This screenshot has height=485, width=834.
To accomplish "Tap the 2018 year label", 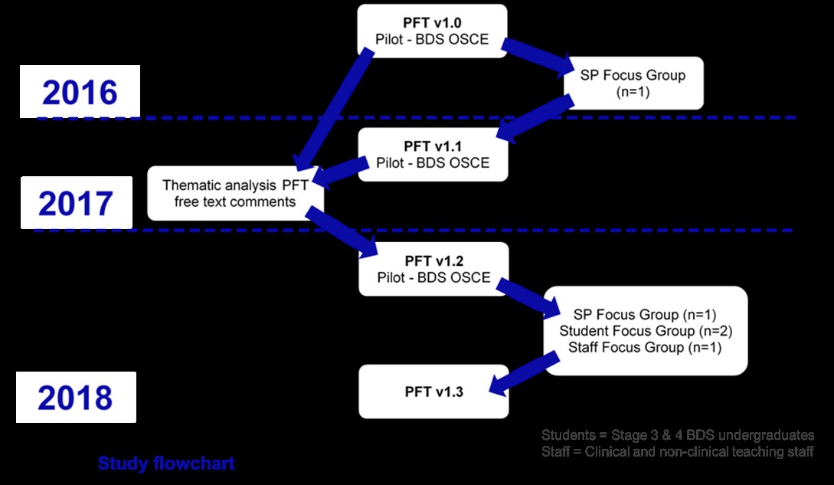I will [x=75, y=398].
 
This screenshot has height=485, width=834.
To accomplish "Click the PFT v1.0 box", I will [x=433, y=30].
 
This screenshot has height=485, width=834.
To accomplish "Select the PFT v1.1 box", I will [x=433, y=154].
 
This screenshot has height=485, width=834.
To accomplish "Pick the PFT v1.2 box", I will [x=433, y=269].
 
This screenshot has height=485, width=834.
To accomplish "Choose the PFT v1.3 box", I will [x=433, y=392].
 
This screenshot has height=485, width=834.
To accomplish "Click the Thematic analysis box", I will [x=235, y=193].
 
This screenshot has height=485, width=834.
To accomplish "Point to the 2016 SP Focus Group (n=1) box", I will [x=634, y=83].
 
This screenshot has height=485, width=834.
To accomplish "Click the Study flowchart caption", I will [x=166, y=464].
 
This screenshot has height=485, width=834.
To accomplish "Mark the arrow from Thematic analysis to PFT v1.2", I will [x=342, y=234].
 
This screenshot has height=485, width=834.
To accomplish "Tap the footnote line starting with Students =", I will [x=677, y=434].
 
